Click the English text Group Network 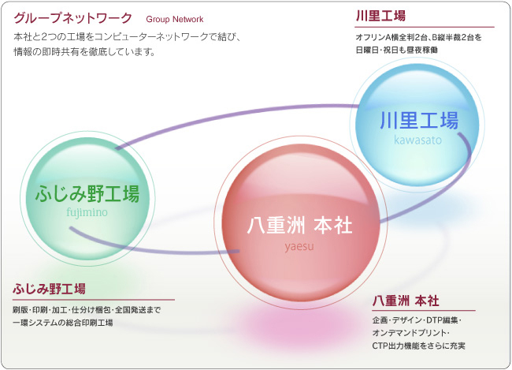click(174, 18)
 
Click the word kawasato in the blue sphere click(418, 140)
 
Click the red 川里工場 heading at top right click(381, 17)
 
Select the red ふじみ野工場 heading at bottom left click(49, 288)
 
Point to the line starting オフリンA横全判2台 click(418, 37)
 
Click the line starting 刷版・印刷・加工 click(87, 309)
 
